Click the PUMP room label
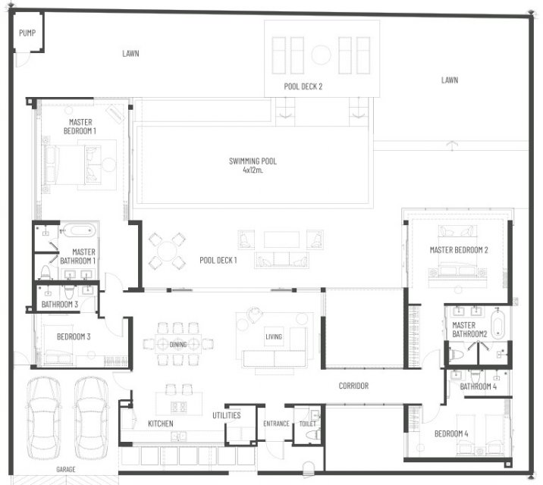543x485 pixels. pyautogui.click(x=27, y=33)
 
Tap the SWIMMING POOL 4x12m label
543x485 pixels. pyautogui.click(x=253, y=165)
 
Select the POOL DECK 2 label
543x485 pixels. pyautogui.click(x=303, y=86)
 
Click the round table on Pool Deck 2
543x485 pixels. pyautogui.click(x=321, y=55)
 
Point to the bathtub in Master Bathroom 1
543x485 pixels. pyautogui.click(x=78, y=230)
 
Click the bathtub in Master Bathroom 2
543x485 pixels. pyautogui.click(x=497, y=325)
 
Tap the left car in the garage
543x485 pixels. pyautogui.click(x=43, y=418)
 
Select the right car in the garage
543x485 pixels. pyautogui.click(x=91, y=418)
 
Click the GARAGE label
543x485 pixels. pyautogui.click(x=66, y=469)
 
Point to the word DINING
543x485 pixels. pyautogui.click(x=178, y=344)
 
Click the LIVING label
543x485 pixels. pyautogui.click(x=274, y=336)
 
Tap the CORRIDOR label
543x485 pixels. pyautogui.click(x=353, y=386)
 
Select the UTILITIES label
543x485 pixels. pyautogui.click(x=227, y=415)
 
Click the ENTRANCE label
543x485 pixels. pyautogui.click(x=276, y=424)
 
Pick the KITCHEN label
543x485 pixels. pyautogui.click(x=161, y=424)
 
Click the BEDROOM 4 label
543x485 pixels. pyautogui.click(x=451, y=433)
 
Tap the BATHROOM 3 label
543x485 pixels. pyautogui.click(x=60, y=305)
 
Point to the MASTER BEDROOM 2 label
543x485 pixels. pyautogui.click(x=459, y=250)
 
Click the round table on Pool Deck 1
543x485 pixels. pyautogui.click(x=167, y=251)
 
